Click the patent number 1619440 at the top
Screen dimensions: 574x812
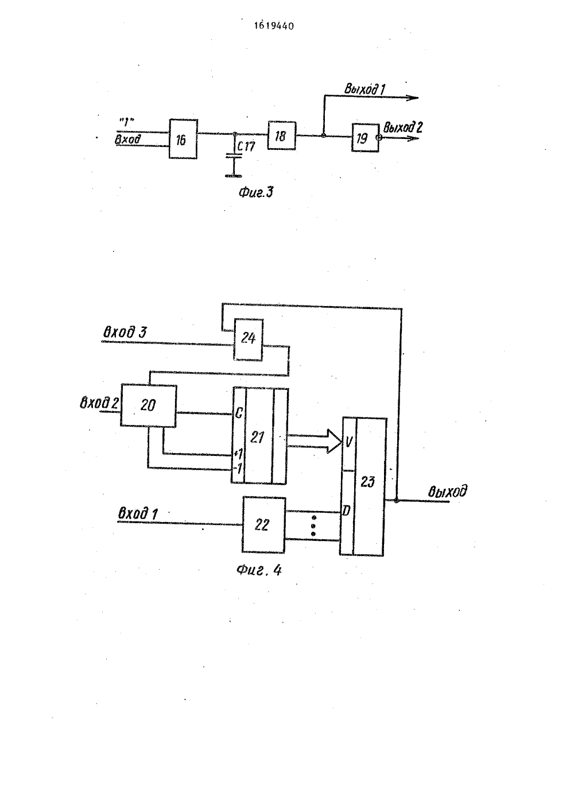point(274,26)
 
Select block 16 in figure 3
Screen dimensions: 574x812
point(183,139)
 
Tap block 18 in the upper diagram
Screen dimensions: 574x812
point(282,136)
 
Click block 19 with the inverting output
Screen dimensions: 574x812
point(365,138)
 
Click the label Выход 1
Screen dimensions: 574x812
point(364,89)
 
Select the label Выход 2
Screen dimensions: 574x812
point(402,127)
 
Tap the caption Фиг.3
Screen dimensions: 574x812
point(256,192)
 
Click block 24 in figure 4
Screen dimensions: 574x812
point(248,339)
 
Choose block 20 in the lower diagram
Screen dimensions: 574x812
point(148,405)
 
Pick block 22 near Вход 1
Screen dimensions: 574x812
point(263,524)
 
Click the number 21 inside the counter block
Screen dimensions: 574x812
point(257,438)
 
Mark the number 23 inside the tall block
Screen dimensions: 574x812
point(368,482)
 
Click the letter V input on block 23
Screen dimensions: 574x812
point(348,442)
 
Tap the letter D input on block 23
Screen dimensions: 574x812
point(347,511)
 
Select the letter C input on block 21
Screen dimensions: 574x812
point(238,413)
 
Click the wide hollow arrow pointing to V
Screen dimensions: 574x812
point(314,441)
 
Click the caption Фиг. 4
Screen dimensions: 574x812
point(259,570)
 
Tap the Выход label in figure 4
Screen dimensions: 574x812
point(448,491)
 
